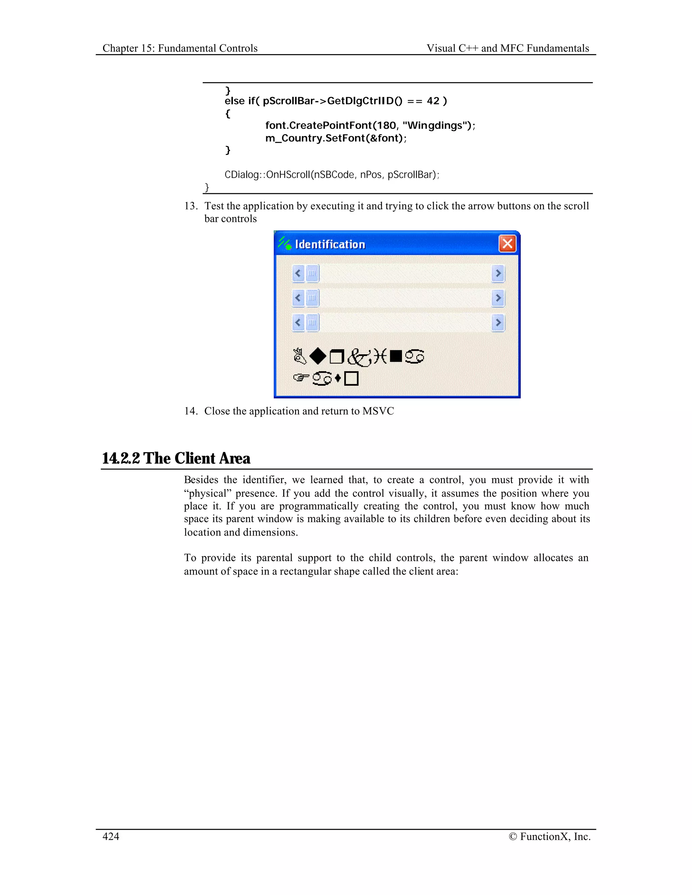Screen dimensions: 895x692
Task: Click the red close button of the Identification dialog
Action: [x=507, y=244]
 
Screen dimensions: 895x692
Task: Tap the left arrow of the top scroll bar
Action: [x=298, y=273]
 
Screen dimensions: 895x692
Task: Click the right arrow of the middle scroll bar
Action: [x=498, y=298]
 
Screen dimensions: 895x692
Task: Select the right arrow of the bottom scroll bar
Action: [x=498, y=323]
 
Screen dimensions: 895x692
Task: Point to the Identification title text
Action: [x=330, y=245]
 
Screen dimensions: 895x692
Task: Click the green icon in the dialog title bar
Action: [x=285, y=243]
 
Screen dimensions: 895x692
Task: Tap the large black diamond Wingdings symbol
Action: [x=318, y=356]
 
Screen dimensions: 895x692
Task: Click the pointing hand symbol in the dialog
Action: [x=301, y=378]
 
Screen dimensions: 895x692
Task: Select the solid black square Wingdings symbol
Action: [x=396, y=356]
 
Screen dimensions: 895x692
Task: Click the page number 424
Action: [x=111, y=836]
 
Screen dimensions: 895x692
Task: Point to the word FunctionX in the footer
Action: [x=545, y=836]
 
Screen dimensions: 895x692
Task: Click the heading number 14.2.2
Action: [x=121, y=458]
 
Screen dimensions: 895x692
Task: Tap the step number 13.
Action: [x=191, y=206]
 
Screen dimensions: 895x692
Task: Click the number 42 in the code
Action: [x=433, y=101]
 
